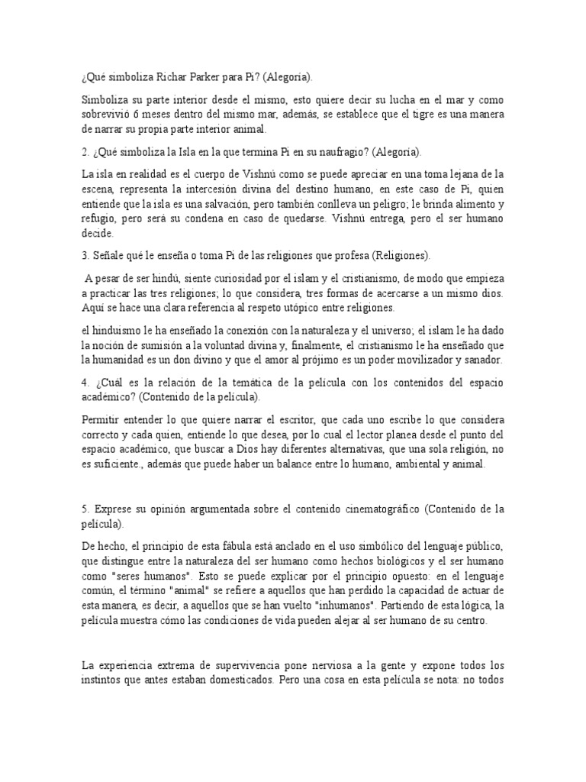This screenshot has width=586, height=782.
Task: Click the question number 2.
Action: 84,152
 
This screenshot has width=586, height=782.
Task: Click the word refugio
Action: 98,219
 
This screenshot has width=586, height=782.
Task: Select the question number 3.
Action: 84,255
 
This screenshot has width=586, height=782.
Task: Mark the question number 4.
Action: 84,382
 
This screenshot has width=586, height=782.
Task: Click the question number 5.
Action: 84,509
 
